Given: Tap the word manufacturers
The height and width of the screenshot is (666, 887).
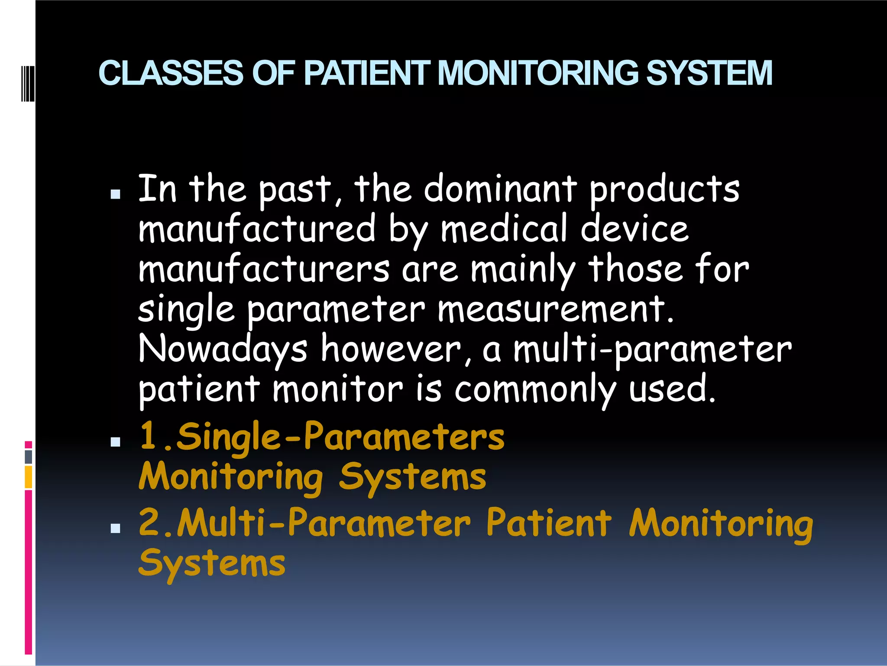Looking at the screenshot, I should point(264,269).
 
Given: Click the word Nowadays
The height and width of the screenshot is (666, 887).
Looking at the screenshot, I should point(223,349).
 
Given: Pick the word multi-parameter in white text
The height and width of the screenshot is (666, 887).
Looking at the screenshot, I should point(652,349).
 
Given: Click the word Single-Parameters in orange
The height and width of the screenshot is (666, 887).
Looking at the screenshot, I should point(340,437).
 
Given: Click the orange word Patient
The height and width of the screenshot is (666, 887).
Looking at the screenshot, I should point(549,522).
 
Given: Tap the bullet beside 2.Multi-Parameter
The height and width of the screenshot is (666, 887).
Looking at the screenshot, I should point(115,528).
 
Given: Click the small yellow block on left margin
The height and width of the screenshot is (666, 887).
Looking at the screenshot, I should point(28,477).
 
